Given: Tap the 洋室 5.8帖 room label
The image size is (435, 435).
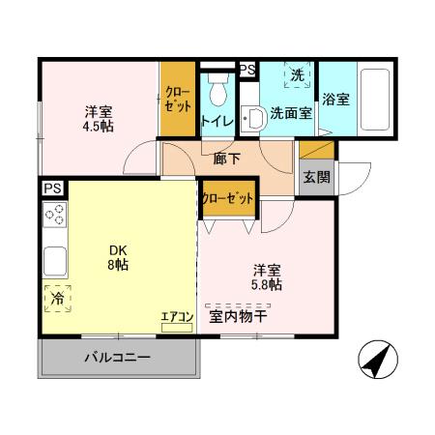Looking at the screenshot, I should tap(268, 276).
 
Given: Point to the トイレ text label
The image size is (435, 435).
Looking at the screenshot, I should tap(216, 121).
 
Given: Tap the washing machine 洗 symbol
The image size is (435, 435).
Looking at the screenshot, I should tap(298, 75).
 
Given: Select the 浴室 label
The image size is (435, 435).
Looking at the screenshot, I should tap(336, 99).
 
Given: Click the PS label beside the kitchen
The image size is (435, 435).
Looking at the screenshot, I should tap(50, 188).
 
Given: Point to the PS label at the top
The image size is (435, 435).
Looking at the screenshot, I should tap(246, 70).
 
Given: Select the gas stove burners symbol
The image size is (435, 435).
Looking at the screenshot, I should tap(54, 216).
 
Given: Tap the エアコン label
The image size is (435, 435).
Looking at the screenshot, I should tap(178, 316).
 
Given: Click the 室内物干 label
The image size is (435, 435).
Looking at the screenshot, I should tap(238, 316).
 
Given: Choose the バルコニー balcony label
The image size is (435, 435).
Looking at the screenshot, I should tap(117, 358).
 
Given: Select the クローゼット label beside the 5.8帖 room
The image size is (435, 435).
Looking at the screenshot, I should tap(228, 197).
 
